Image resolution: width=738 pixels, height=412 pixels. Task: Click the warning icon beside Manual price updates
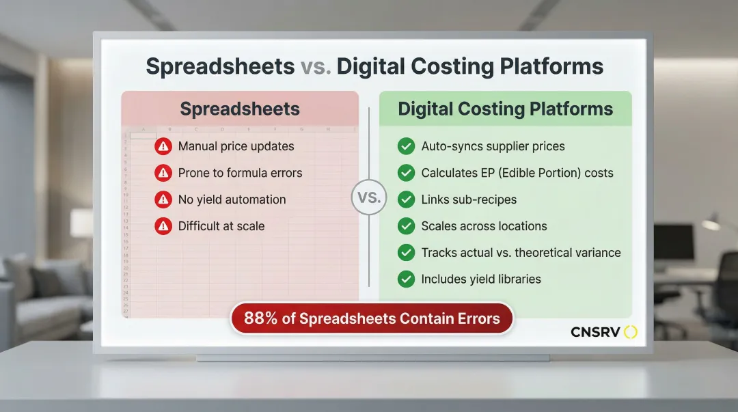click(x=163, y=146)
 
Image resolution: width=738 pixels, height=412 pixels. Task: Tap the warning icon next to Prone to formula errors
click(x=163, y=173)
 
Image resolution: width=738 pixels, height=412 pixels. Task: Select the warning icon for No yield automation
click(x=163, y=200)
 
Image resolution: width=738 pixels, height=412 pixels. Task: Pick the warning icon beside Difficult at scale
click(x=163, y=226)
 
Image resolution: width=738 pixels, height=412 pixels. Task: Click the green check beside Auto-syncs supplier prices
click(x=406, y=146)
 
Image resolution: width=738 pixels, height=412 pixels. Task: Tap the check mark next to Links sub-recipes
click(x=406, y=200)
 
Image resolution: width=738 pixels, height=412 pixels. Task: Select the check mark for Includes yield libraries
click(x=406, y=279)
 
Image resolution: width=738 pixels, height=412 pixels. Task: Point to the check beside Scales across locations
click(x=406, y=226)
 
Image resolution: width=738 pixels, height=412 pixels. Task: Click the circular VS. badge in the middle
click(x=369, y=197)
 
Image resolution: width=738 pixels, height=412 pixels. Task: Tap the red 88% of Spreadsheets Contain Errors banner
click(x=372, y=318)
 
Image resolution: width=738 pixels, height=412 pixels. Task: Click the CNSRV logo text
click(x=595, y=333)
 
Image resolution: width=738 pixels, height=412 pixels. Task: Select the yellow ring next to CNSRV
click(x=631, y=333)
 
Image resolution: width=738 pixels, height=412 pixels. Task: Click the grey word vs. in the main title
click(x=316, y=67)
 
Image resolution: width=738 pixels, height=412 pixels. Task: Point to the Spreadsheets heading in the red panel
click(x=240, y=109)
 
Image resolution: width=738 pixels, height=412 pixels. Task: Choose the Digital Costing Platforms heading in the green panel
click(x=506, y=109)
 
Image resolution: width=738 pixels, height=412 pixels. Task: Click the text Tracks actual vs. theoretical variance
click(x=521, y=253)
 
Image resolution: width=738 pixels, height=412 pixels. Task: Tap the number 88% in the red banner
click(x=261, y=318)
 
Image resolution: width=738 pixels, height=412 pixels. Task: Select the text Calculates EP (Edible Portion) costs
click(x=517, y=173)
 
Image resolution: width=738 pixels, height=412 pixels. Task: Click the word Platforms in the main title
click(x=551, y=67)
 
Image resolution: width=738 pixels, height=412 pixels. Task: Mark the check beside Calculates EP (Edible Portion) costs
click(x=406, y=173)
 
